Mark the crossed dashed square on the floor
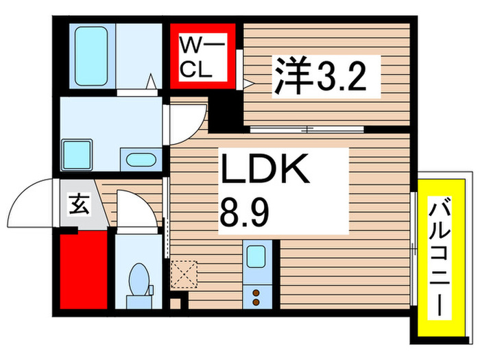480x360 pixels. pos(184,274)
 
